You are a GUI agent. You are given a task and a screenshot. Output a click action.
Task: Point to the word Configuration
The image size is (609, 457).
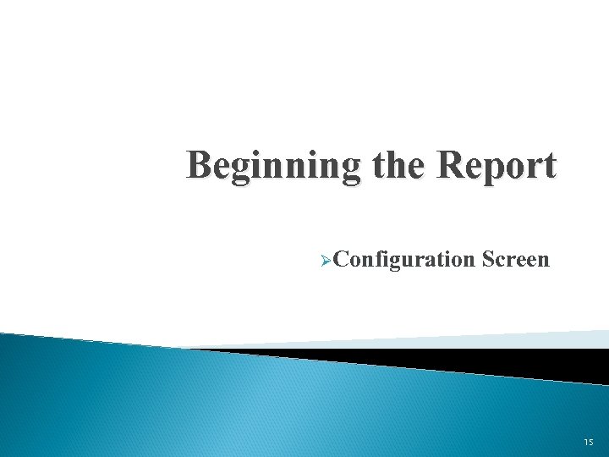click(404, 259)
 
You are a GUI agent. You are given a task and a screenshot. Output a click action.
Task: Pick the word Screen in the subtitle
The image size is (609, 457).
click(516, 258)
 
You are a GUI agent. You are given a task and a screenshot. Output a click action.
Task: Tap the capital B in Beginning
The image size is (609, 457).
click(200, 164)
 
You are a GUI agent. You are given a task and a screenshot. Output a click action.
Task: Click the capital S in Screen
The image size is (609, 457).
click(487, 258)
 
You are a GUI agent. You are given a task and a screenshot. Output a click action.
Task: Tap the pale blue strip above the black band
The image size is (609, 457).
click(507, 339)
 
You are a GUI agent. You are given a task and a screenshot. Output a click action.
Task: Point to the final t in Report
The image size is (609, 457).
click(550, 165)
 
